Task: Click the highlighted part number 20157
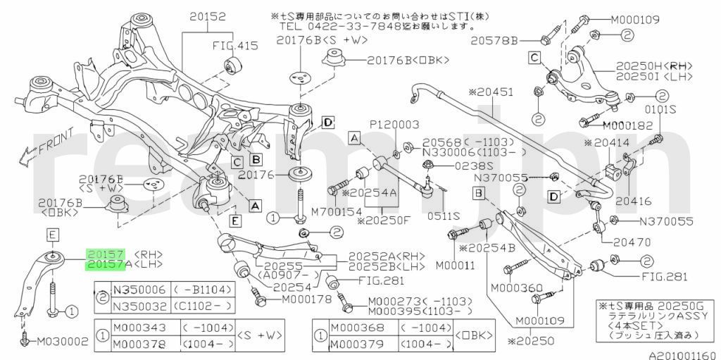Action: point(105,253)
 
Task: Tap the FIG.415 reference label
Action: point(235,46)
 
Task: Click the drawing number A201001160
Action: point(682,354)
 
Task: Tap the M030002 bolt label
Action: point(58,341)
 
